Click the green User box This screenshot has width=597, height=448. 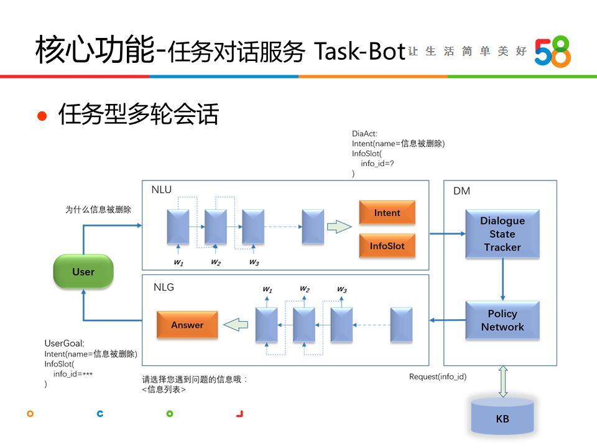click(x=83, y=271)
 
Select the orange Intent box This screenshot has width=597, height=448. click(x=387, y=213)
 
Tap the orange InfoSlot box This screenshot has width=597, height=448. click(x=387, y=246)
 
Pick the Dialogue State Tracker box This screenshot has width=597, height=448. click(x=502, y=234)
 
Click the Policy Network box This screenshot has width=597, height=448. click(x=502, y=320)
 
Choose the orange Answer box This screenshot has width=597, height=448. click(x=187, y=325)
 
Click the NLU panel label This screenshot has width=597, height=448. click(x=162, y=190)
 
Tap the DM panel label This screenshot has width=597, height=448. click(x=461, y=191)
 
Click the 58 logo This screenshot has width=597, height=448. click(x=552, y=51)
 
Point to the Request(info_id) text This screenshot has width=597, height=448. click(x=438, y=376)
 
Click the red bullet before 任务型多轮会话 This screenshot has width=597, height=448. click(x=42, y=116)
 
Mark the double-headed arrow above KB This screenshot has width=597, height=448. click(x=502, y=381)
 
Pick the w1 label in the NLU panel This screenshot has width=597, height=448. click(x=178, y=263)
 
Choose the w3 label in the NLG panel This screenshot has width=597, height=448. click(x=341, y=289)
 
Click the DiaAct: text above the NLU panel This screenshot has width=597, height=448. click(x=364, y=133)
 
